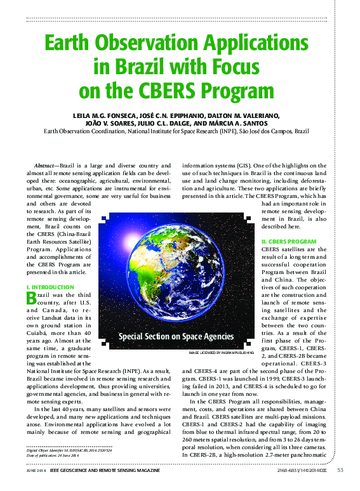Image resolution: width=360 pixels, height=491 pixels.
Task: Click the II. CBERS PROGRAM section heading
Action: (288, 242)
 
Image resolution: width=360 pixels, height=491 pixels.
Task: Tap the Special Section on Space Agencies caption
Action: (176, 336)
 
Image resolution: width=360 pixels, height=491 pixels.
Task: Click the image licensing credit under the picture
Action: (221, 351)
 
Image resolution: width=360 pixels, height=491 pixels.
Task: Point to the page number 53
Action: (340, 470)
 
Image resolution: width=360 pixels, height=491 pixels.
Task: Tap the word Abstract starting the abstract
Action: (45, 165)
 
